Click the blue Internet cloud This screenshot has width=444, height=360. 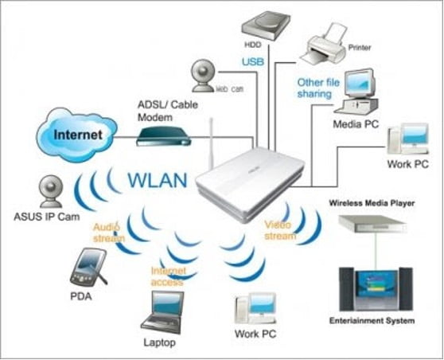pos(77,133)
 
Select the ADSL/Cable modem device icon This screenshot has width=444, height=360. pos(163,135)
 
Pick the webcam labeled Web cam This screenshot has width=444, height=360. pos(202,75)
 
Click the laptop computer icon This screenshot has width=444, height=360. pos(163,310)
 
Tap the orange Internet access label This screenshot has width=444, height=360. pos(169,276)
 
